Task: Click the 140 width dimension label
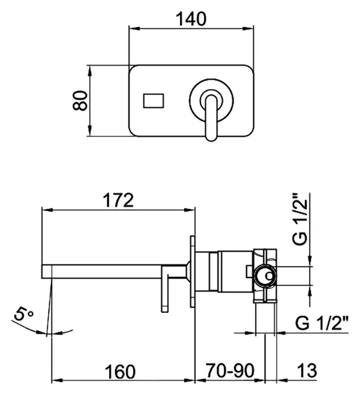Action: point(191,19)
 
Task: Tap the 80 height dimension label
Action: point(80,100)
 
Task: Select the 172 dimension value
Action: point(118,200)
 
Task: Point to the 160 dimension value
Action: point(121,372)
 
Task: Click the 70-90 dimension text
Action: point(230,371)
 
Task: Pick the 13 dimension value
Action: point(307,371)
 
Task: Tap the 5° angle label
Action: point(23,314)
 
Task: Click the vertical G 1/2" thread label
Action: point(300,219)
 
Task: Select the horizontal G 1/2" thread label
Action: point(322,323)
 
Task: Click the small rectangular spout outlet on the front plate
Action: point(154,101)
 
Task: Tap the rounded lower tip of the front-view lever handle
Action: point(211,138)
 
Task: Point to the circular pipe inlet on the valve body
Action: point(265,276)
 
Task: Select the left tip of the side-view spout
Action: point(42,272)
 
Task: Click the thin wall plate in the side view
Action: point(193,272)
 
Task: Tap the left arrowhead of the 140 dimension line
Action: point(134,28)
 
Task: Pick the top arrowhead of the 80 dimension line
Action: point(89,71)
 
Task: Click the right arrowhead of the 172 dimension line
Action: point(190,210)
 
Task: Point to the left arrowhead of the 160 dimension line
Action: point(57,380)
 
